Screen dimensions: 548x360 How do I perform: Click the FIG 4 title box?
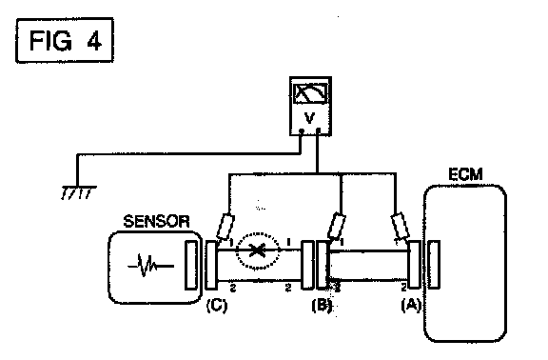[x=65, y=40]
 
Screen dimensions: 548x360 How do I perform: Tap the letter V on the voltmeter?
[x=309, y=118]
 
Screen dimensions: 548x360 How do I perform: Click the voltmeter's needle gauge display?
[x=311, y=93]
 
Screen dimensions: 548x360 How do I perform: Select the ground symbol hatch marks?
[x=78, y=192]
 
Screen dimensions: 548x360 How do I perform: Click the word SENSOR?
[x=157, y=222]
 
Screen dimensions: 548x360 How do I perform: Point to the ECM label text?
[x=465, y=174]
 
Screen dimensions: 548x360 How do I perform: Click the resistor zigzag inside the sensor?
[x=150, y=266]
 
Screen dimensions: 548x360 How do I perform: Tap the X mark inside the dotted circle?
[x=257, y=250]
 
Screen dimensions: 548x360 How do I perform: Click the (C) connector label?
[x=217, y=306]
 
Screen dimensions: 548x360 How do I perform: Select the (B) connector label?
[x=322, y=306]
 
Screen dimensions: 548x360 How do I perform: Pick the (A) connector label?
[x=411, y=306]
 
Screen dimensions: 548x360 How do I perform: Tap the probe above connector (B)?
[x=337, y=226]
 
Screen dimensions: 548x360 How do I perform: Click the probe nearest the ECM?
[x=401, y=226]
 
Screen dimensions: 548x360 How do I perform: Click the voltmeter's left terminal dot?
[x=302, y=131]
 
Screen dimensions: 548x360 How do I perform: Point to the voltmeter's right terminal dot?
[x=318, y=131]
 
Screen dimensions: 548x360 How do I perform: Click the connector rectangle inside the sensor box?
[x=191, y=265]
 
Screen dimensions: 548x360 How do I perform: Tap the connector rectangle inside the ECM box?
[x=434, y=265]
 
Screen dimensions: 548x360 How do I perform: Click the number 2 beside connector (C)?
[x=233, y=288]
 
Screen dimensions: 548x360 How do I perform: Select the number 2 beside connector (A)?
[x=403, y=288]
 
